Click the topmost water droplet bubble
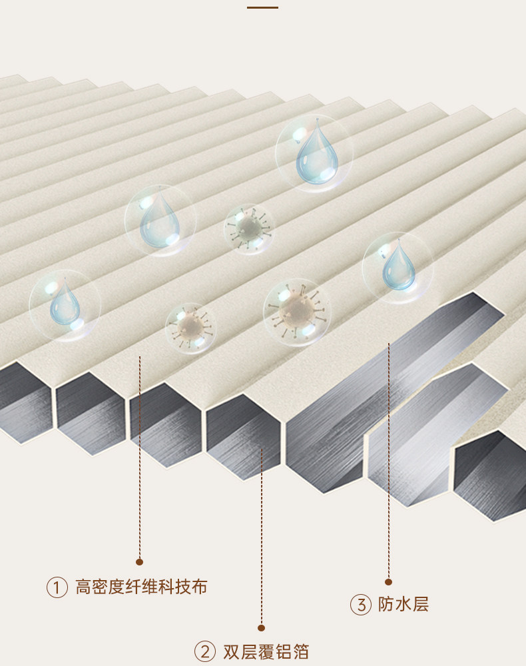(314, 154)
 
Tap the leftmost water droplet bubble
(65, 306)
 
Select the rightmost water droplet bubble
(397, 268)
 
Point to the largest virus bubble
(297, 312)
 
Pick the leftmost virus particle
(191, 328)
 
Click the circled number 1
(57, 587)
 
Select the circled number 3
(361, 605)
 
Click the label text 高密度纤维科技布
(141, 587)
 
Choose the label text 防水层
(403, 605)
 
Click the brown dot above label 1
(139, 561)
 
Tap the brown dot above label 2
(262, 627)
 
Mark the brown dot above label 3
(389, 581)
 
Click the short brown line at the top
(262, 7)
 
